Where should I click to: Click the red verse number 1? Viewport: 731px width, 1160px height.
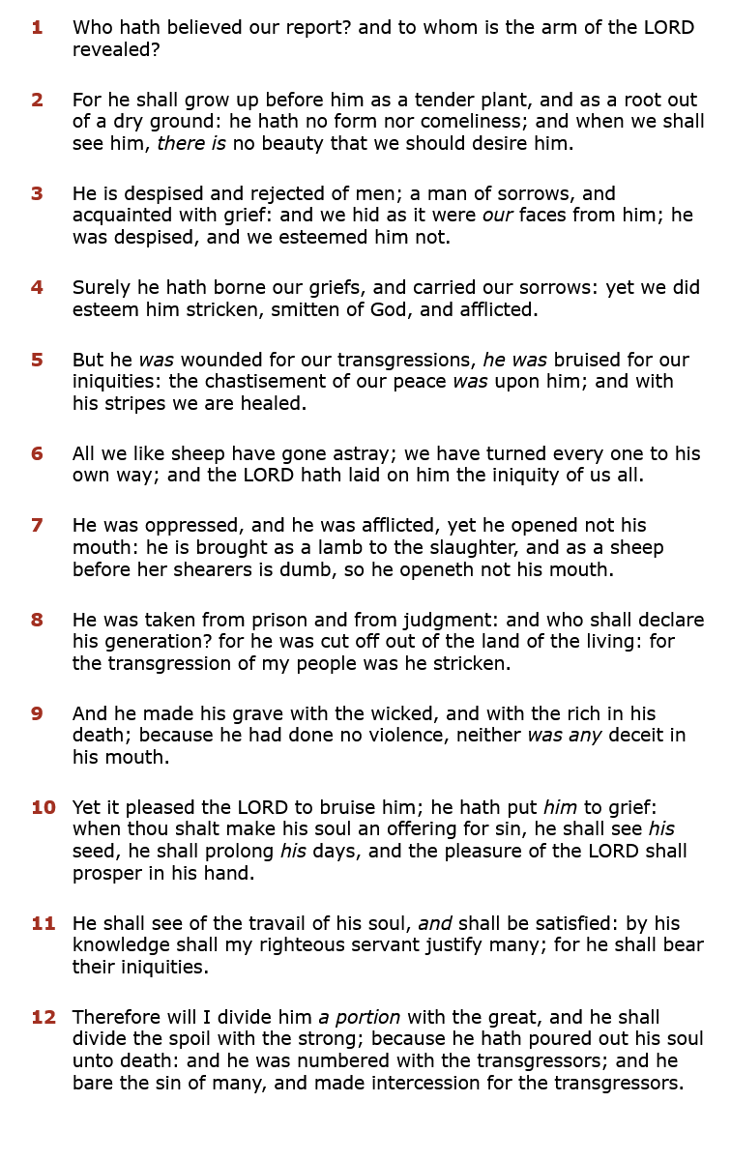37,27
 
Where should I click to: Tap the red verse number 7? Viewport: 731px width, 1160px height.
37,526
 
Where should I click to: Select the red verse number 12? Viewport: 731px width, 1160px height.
44,1017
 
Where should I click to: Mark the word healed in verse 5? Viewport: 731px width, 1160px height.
275,403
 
